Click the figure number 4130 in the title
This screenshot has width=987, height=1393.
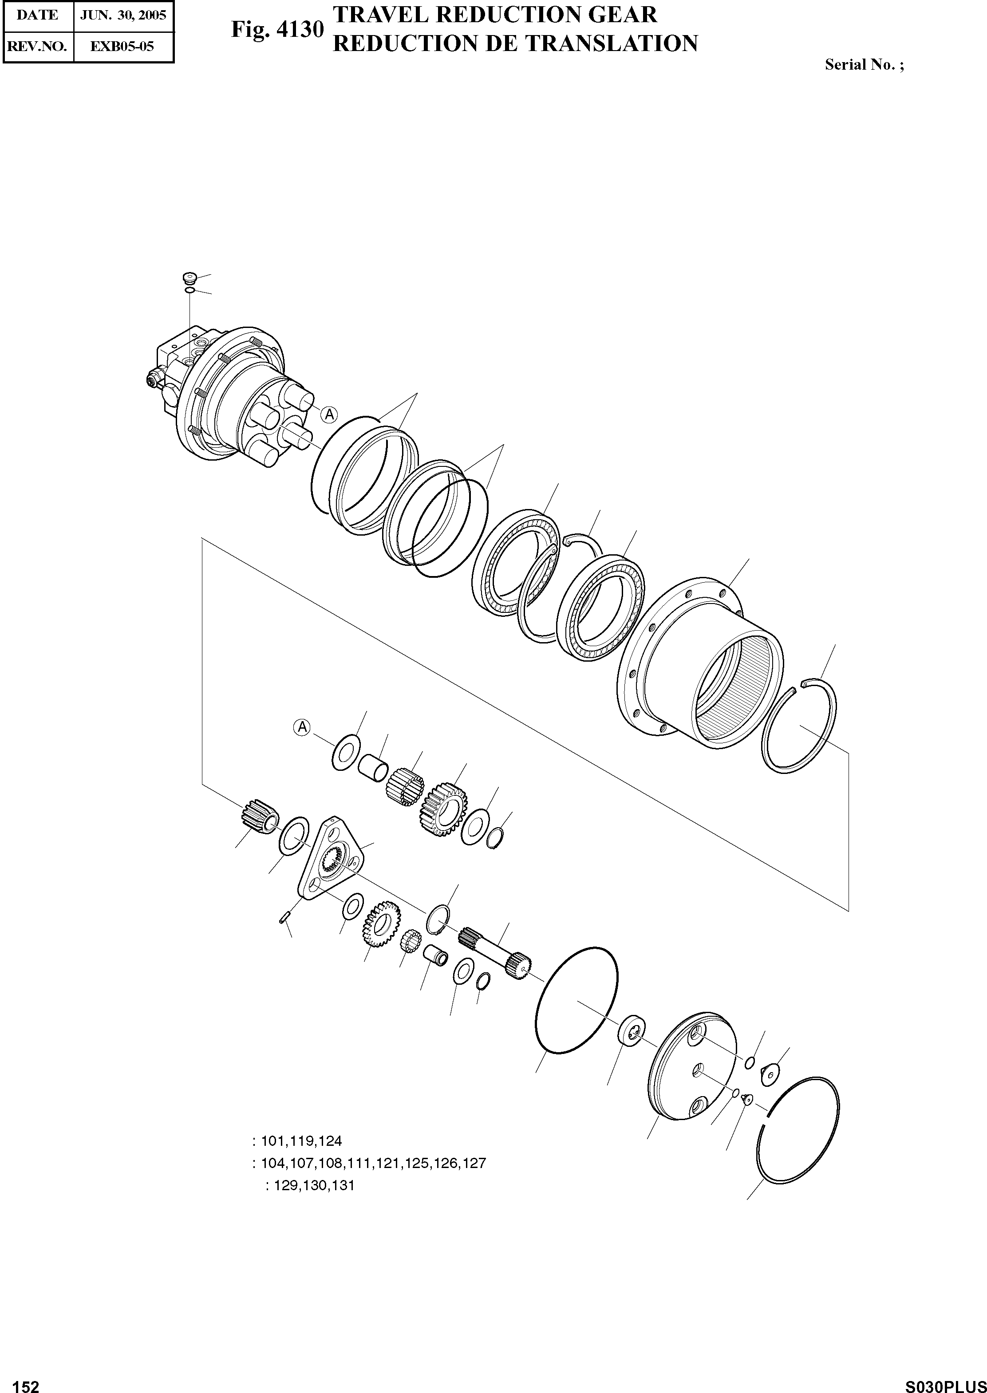[x=299, y=30]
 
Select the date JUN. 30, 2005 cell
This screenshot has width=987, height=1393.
[x=123, y=15]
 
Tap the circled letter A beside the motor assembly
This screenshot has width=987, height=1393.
[x=329, y=414]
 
